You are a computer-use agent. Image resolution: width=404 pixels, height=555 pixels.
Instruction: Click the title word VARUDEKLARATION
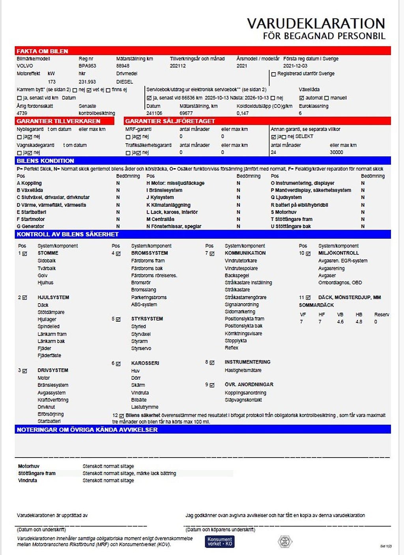316,23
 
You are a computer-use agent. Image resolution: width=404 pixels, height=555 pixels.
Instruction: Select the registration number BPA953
87,66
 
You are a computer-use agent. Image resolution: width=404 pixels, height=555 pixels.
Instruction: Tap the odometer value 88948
123,66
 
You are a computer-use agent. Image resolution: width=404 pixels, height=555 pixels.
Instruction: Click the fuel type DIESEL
125,82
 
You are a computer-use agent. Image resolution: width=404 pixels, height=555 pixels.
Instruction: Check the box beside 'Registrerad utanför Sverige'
273,74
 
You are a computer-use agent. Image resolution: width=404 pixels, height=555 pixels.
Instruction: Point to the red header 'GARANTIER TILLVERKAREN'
58,121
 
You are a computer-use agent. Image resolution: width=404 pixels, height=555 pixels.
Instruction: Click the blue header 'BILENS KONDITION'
45,161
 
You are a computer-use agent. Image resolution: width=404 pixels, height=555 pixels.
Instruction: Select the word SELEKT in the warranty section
304,137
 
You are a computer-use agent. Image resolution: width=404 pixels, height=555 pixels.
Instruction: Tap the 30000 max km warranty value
337,152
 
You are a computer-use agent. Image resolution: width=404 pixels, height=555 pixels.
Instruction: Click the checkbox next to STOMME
24,253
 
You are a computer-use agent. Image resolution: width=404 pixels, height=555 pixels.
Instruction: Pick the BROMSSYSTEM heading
150,253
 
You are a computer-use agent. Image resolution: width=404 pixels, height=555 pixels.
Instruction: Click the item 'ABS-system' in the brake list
144,305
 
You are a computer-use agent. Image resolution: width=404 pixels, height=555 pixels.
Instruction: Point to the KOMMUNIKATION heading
245,253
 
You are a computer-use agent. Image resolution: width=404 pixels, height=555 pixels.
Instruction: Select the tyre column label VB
340,315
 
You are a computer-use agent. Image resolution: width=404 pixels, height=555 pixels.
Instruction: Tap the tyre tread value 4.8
359,322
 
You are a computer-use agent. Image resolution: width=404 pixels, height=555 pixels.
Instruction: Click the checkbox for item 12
122,416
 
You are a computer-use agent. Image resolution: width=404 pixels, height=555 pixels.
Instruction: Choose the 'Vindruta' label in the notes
28,480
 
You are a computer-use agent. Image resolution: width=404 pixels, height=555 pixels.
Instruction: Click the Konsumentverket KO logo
219,542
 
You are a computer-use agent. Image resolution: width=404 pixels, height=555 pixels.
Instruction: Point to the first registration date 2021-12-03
295,66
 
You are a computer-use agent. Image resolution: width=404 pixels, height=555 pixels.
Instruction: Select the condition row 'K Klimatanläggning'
168,205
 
